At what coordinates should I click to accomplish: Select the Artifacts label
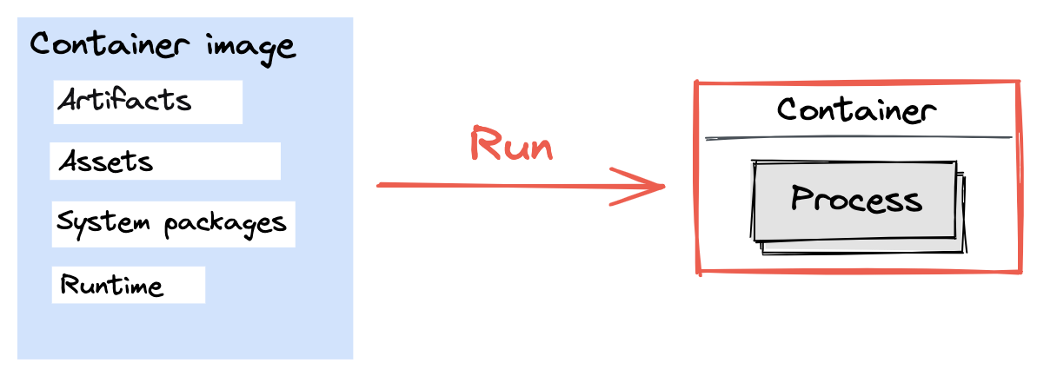pos(124,101)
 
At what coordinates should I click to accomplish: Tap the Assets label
pos(106,162)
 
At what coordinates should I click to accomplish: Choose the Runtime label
pos(111,285)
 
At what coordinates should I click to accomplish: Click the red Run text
pos(511,144)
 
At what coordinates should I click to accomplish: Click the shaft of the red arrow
pos(504,185)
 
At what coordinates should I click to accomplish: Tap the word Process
pos(856,200)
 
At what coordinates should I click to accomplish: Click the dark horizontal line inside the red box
pos(859,137)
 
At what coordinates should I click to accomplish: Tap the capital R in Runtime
pos(69,285)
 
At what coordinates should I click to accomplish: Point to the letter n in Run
pos(539,148)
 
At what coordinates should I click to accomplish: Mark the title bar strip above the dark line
pos(859,110)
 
